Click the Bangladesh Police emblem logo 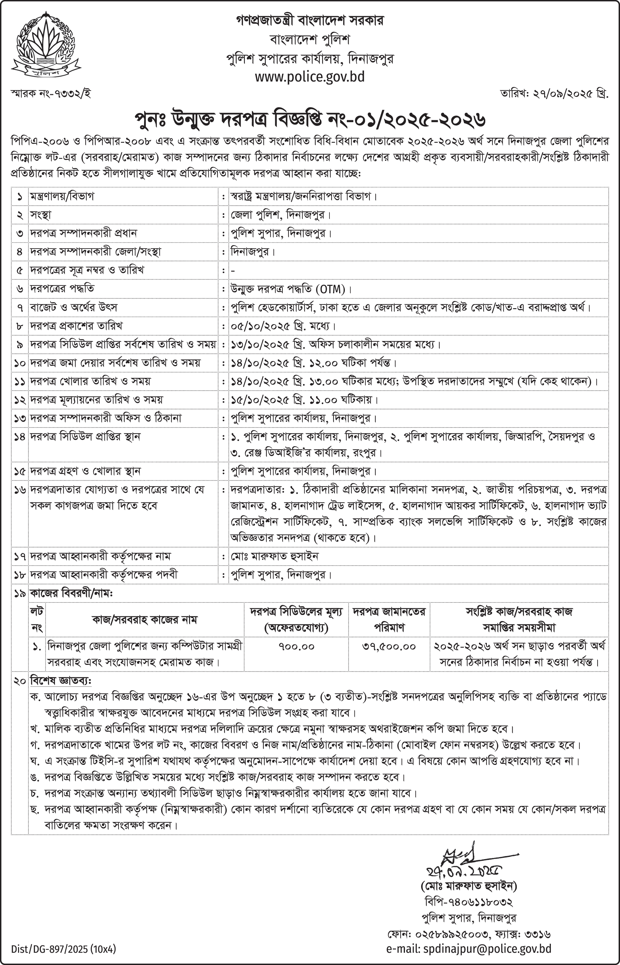click(x=46, y=45)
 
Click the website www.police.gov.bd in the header click(x=310, y=77)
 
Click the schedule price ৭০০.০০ click(x=296, y=646)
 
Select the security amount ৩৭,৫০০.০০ click(x=389, y=646)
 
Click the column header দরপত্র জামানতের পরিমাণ click(x=389, y=619)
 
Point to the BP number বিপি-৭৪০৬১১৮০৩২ click(x=468, y=901)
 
